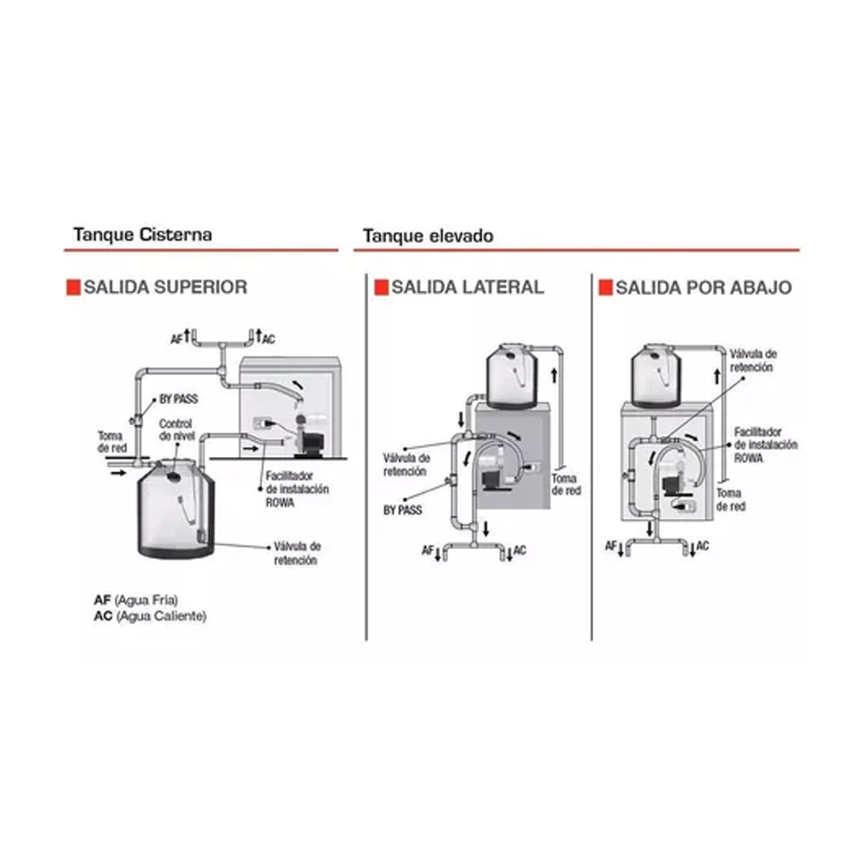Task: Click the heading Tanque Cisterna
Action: [143, 235]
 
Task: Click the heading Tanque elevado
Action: [428, 237]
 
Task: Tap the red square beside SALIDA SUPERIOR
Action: [74, 287]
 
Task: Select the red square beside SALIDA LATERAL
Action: [382, 287]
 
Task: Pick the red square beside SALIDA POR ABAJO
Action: [606, 287]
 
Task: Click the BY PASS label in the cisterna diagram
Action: [178, 399]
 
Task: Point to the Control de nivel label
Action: [176, 430]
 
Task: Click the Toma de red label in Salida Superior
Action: [112, 442]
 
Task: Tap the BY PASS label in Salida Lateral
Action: [403, 510]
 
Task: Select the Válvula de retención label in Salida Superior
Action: [297, 552]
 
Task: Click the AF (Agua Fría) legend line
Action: [136, 600]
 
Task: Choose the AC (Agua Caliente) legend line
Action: [150, 616]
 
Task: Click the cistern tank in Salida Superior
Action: [176, 508]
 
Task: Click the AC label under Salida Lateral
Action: [519, 550]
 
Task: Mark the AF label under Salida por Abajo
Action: [611, 546]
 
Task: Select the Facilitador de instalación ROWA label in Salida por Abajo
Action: [766, 444]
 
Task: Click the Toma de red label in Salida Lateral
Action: [566, 484]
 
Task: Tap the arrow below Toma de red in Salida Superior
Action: [118, 473]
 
